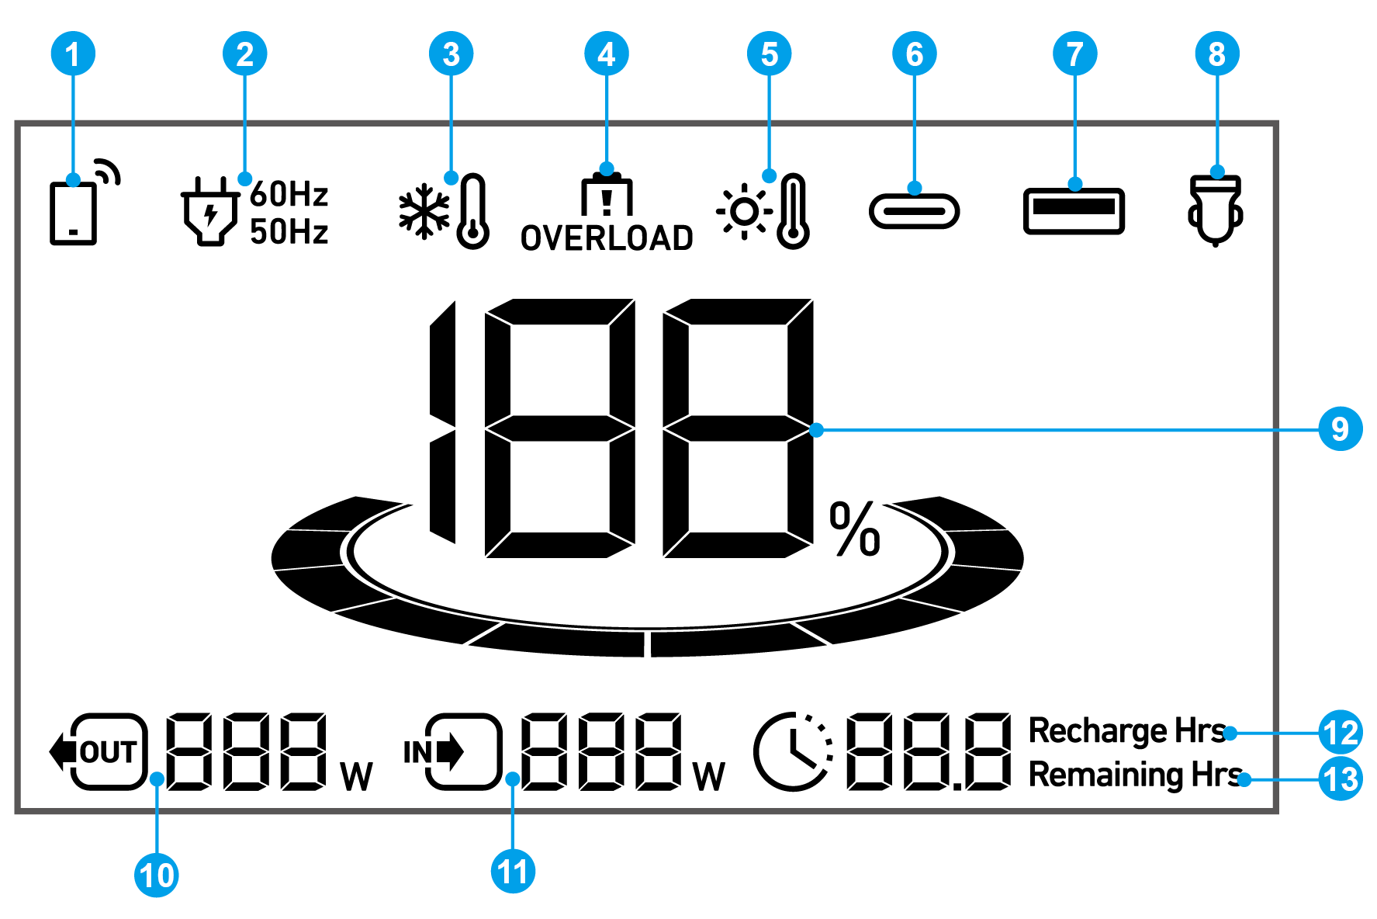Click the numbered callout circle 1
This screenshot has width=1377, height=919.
[73, 54]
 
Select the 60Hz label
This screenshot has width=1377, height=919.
[289, 194]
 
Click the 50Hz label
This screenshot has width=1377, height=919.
[289, 231]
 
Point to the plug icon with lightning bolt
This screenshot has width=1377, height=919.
[209, 212]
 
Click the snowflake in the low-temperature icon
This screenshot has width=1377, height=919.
[424, 211]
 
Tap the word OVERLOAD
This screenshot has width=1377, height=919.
[607, 238]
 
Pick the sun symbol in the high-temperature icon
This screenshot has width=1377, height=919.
[744, 211]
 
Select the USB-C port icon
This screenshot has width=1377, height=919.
[915, 211]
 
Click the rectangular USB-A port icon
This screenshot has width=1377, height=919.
[1074, 211]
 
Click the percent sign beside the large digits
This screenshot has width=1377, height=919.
[855, 529]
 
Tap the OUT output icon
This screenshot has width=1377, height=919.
[99, 751]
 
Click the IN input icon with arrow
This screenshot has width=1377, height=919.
[453, 751]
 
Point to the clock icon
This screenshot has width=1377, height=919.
[794, 751]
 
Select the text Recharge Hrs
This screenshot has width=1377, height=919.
[1127, 732]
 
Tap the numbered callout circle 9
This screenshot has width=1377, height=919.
[1341, 428]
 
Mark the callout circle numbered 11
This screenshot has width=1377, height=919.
[513, 872]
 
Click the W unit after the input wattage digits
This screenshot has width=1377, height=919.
[709, 776]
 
